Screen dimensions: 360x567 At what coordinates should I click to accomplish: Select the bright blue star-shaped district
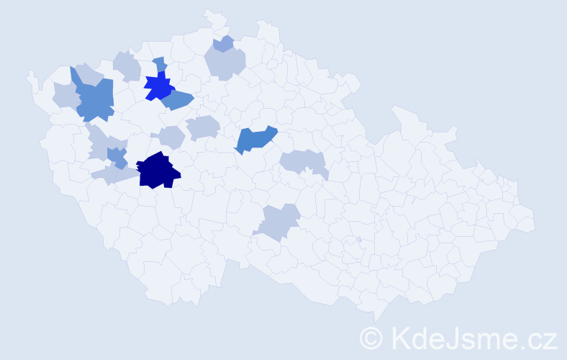158,87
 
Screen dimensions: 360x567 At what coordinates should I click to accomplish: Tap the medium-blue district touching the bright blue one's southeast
177,100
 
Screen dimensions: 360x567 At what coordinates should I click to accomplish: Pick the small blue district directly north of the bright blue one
160,64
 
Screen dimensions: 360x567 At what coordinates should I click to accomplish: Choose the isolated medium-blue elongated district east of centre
255,139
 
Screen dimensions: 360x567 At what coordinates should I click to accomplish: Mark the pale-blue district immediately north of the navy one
171,136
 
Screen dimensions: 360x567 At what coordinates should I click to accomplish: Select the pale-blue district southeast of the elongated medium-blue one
303,162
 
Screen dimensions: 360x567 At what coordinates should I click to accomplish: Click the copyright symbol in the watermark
372,337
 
